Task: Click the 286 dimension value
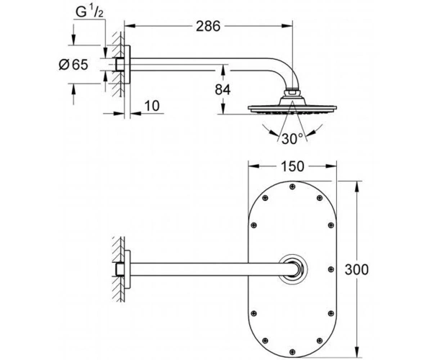[208, 27]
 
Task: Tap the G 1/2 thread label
[89, 12]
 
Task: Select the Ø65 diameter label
[73, 65]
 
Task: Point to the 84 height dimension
[222, 89]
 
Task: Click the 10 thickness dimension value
[152, 106]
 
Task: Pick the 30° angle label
[292, 138]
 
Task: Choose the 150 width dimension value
[292, 166]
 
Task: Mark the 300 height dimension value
[356, 269]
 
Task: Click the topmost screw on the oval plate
[292, 186]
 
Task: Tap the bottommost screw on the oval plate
[292, 352]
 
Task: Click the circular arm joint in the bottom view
[292, 269]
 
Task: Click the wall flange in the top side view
[127, 65]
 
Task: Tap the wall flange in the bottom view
[127, 269]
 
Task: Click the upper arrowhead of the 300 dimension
[357, 186]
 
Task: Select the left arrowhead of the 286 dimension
[130, 26]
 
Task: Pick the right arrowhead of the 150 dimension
[331, 166]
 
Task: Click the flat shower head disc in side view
[292, 108]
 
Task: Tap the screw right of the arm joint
[331, 269]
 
